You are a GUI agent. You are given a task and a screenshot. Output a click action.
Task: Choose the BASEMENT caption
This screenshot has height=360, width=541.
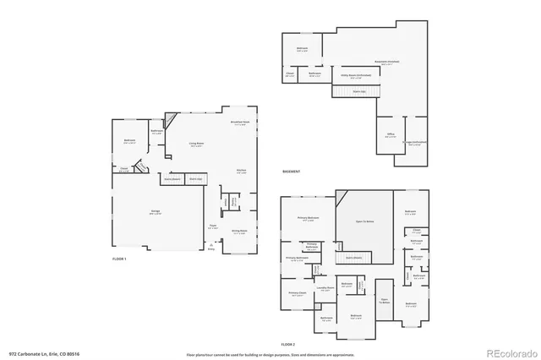click(x=292, y=172)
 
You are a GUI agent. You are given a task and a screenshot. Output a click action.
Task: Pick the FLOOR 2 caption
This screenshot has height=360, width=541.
click(x=289, y=344)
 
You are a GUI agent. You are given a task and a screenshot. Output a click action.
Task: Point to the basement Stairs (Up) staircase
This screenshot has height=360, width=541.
click(x=359, y=90)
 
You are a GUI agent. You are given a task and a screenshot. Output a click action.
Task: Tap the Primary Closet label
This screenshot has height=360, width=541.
click(x=297, y=295)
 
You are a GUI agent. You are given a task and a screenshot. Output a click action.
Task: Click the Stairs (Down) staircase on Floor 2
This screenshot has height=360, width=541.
click(x=353, y=257)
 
